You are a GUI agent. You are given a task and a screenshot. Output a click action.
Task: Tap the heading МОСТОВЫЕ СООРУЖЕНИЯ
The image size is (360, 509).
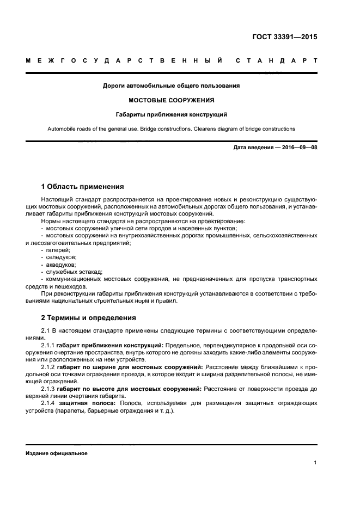(171, 100)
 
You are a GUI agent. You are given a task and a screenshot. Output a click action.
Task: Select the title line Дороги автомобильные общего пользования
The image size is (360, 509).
(172, 85)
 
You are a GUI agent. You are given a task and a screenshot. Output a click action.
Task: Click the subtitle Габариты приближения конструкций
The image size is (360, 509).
(172, 115)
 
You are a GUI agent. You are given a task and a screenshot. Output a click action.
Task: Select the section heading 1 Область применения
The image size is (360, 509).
(82, 186)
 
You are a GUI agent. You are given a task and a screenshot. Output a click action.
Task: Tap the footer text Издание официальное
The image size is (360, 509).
(57, 453)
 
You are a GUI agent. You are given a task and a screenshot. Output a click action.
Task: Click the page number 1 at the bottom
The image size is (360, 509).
(315, 463)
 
